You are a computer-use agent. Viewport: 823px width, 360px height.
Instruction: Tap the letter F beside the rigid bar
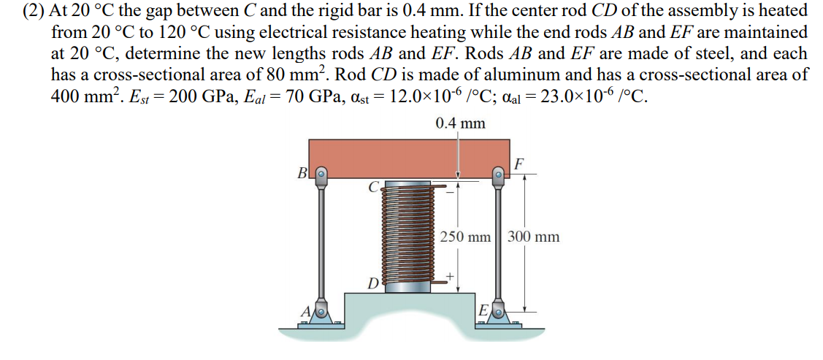point(518,162)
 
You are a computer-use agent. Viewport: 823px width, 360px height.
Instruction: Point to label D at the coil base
point(372,283)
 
